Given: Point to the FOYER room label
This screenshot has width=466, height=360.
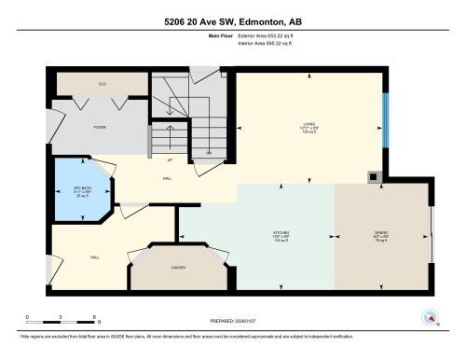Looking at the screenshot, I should (99, 125).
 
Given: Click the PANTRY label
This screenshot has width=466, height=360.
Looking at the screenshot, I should (178, 269).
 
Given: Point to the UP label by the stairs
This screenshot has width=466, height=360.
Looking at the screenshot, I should (169, 159).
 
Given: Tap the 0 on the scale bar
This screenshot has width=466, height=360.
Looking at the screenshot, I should (28, 317).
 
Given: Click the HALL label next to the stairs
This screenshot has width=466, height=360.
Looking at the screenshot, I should (168, 177).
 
